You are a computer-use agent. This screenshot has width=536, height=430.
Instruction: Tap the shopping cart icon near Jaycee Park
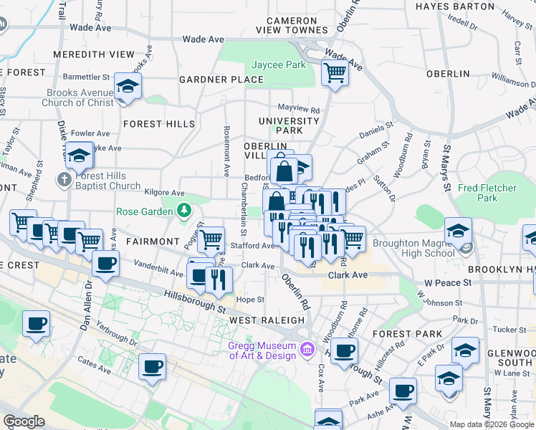click(335, 72)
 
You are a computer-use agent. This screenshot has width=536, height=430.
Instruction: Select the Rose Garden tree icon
click(185, 210)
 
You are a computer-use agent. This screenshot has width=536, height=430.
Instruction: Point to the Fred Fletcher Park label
click(488, 193)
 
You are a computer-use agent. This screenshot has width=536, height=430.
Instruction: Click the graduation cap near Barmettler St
click(128, 87)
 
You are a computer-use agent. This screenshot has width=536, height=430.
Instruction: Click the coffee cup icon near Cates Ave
click(152, 367)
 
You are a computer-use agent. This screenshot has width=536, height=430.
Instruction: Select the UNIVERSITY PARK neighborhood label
click(289, 126)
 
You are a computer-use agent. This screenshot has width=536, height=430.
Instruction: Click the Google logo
click(24, 421)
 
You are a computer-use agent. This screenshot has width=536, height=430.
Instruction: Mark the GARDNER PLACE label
click(221, 80)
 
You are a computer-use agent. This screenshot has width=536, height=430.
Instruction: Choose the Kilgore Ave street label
click(164, 193)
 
